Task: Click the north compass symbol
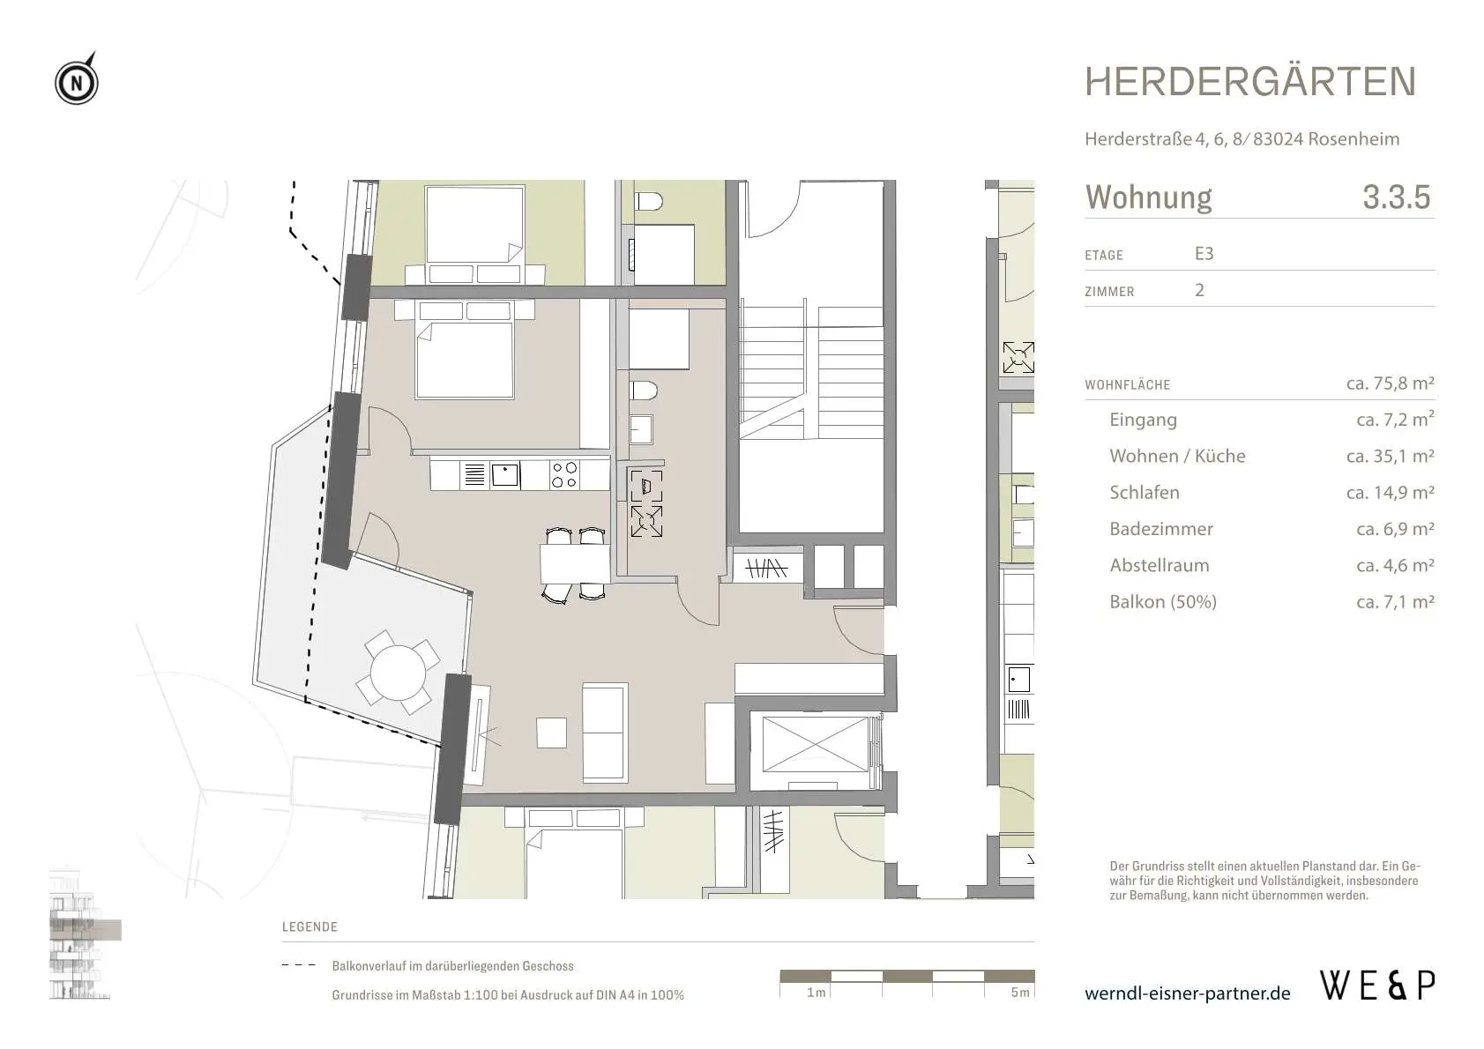pyautogui.click(x=77, y=79)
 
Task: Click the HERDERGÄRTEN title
pyautogui.click(x=1250, y=81)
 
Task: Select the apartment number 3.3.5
pyautogui.click(x=1397, y=197)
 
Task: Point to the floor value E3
pyautogui.click(x=1204, y=254)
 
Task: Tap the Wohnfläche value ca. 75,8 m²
pyautogui.click(x=1390, y=383)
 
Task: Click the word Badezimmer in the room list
pyautogui.click(x=1161, y=529)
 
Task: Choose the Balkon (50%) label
pyautogui.click(x=1163, y=601)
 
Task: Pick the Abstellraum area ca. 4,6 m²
pyautogui.click(x=1395, y=565)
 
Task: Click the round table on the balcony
pyautogui.click(x=399, y=673)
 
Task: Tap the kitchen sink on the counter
pyautogui.click(x=505, y=475)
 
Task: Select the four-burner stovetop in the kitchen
pyautogui.click(x=564, y=475)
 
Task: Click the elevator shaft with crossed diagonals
pyautogui.click(x=815, y=744)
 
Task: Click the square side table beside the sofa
pyautogui.click(x=551, y=733)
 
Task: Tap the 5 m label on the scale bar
pyautogui.click(x=1020, y=992)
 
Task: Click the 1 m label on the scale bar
pyautogui.click(x=817, y=992)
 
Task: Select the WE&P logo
pyautogui.click(x=1378, y=986)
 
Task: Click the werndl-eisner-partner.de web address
pyautogui.click(x=1187, y=993)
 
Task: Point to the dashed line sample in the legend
pyautogui.click(x=299, y=965)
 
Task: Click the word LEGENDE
pyautogui.click(x=309, y=926)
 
